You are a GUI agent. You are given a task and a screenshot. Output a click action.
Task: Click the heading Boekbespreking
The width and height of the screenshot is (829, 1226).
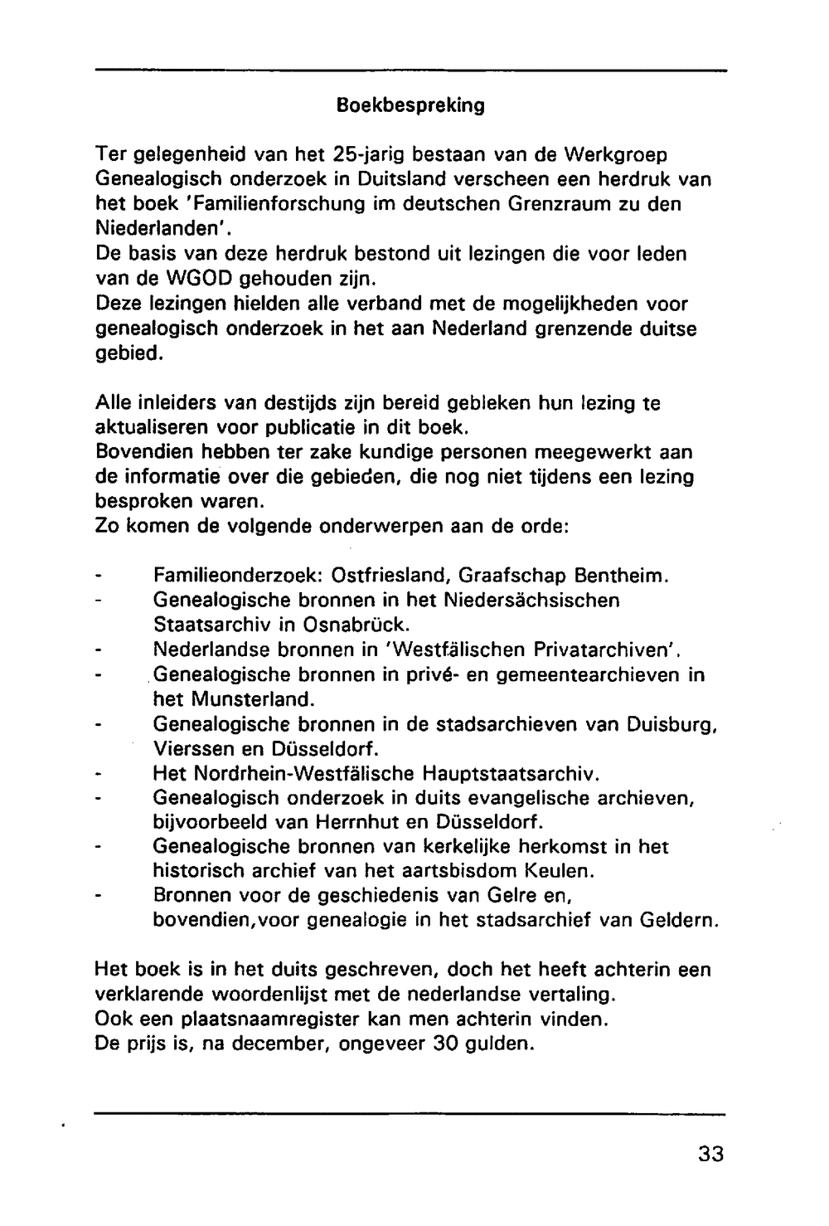(x=410, y=106)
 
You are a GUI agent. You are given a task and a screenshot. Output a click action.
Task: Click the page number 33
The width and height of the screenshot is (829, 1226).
(x=710, y=1154)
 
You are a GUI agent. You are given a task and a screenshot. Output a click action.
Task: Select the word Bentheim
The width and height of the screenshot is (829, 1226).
(x=621, y=575)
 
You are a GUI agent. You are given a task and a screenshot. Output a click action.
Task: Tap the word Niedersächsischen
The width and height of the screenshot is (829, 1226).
(x=531, y=600)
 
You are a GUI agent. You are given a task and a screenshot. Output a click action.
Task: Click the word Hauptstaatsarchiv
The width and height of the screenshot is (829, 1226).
(x=510, y=773)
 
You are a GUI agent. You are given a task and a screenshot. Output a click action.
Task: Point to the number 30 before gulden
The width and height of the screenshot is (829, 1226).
(x=446, y=1044)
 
